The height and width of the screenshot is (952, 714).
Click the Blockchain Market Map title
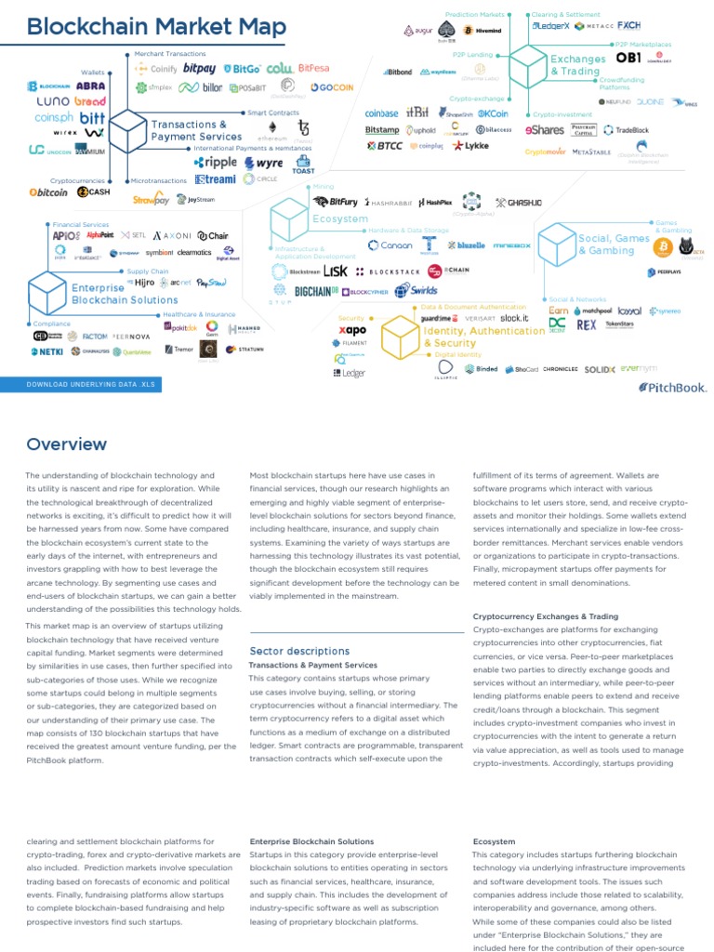(x=156, y=27)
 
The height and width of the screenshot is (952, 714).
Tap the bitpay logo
(x=200, y=68)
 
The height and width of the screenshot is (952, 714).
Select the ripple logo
(x=216, y=162)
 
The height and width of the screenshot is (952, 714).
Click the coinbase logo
(x=381, y=113)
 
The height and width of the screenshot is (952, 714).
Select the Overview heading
(x=66, y=444)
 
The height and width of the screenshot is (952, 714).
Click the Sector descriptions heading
(x=299, y=651)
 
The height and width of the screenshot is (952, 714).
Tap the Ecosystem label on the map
(x=340, y=219)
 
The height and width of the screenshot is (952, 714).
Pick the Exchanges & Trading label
(x=577, y=65)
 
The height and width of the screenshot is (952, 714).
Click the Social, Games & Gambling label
(x=614, y=245)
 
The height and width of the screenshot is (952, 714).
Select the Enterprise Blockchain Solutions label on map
(x=125, y=294)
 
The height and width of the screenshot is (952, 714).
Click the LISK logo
(x=336, y=271)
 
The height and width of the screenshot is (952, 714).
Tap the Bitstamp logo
(x=381, y=130)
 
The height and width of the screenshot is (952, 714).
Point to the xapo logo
(x=352, y=330)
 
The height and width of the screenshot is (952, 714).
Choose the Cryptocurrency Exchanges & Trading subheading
(x=545, y=616)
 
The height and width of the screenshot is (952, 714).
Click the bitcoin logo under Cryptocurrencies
(x=49, y=192)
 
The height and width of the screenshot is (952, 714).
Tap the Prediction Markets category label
(x=475, y=15)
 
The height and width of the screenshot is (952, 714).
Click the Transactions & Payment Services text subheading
(x=312, y=665)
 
